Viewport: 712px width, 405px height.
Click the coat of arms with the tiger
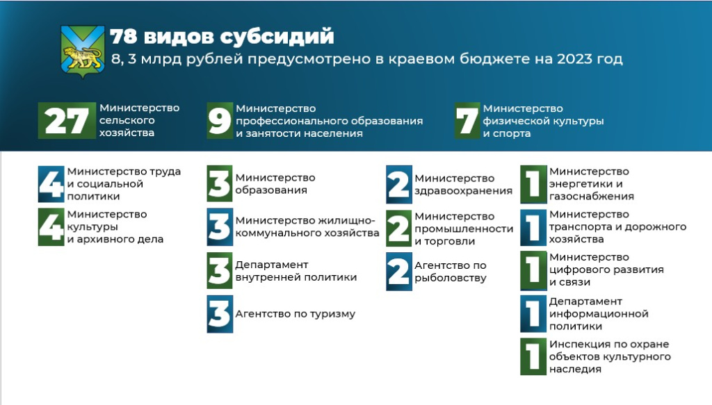click(83, 51)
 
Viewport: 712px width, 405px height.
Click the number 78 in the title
click(124, 37)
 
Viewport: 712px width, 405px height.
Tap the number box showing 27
click(67, 121)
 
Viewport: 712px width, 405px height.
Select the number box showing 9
click(220, 121)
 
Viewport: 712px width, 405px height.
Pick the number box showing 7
click(467, 121)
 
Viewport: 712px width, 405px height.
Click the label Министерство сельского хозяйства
click(139, 121)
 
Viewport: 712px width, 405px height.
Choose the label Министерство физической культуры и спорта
click(543, 121)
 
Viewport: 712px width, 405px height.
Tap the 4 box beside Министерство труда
click(51, 183)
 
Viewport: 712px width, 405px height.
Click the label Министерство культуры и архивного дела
click(115, 226)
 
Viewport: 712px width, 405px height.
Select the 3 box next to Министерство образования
click(220, 183)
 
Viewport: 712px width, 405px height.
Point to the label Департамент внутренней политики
click(296, 271)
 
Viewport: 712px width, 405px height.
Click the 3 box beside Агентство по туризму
click(220, 314)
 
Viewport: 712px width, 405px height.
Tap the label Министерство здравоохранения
click(463, 185)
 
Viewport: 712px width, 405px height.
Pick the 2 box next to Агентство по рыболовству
click(399, 271)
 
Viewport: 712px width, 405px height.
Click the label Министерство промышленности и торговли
click(464, 229)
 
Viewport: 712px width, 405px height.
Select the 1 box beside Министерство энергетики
click(533, 183)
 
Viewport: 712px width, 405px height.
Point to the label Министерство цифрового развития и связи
click(606, 270)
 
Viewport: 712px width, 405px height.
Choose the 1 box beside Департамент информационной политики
click(533, 314)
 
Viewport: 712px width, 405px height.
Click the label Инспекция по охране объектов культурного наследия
click(609, 356)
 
